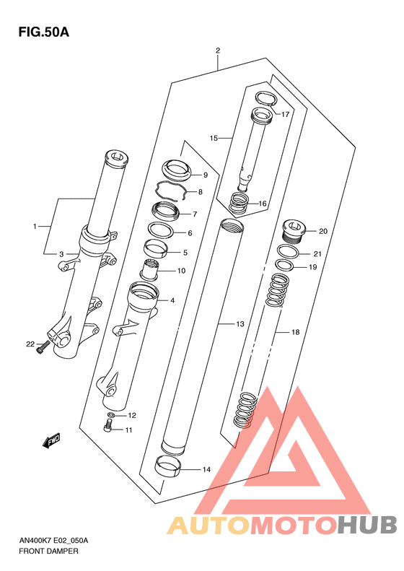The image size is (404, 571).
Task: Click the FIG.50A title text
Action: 44,32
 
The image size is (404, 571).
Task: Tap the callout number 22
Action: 30,344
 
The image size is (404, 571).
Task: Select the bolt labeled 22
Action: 43,346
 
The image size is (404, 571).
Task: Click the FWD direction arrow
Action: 51,440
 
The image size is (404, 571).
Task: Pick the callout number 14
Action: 206,469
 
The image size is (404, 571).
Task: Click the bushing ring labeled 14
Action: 168,466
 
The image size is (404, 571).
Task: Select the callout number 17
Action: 286,114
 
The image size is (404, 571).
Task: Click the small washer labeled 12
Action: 112,415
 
